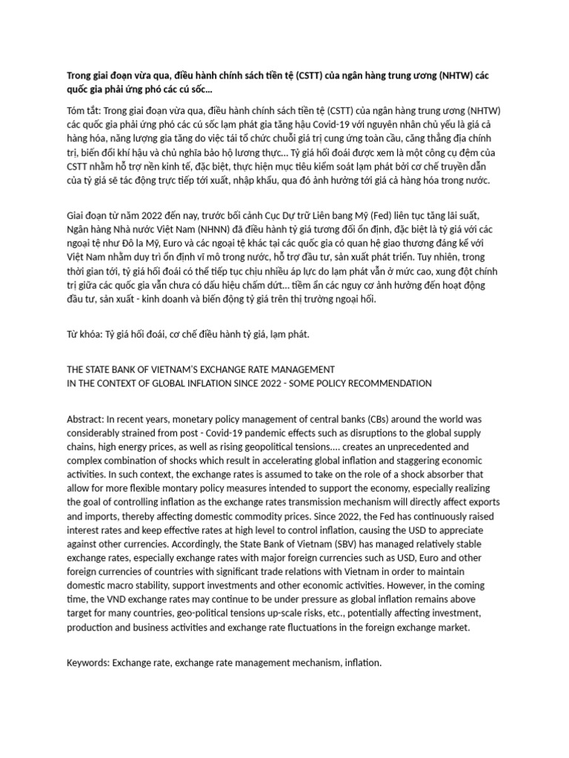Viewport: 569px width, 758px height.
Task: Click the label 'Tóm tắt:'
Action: tap(85, 110)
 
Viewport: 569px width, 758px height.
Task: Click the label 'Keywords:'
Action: tap(88, 663)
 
